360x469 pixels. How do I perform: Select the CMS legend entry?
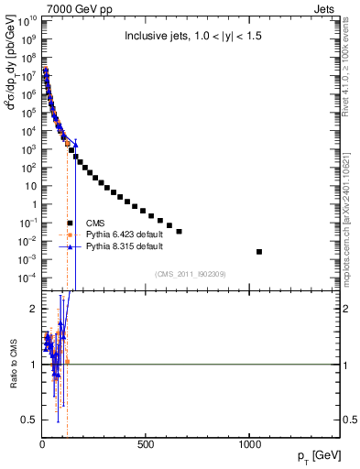coord(95,223)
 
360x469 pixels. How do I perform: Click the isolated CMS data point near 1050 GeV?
coord(260,251)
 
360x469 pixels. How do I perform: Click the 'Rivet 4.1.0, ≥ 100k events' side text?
coord(352,70)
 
